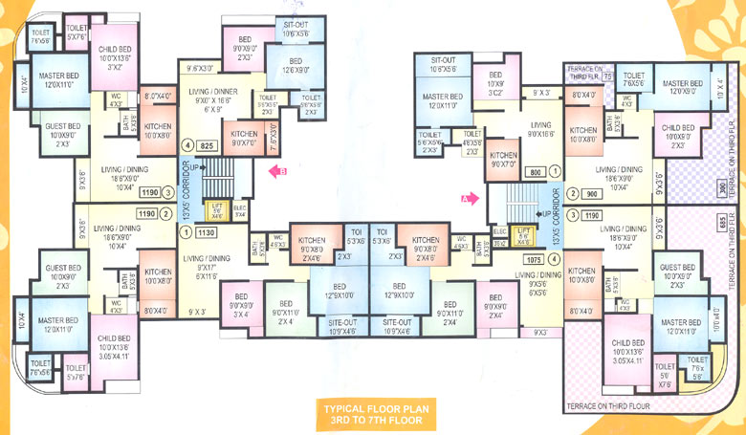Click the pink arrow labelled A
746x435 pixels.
(468, 200)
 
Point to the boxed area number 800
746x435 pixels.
(535, 172)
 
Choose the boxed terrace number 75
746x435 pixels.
(607, 75)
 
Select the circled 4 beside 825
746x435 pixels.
(188, 146)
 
